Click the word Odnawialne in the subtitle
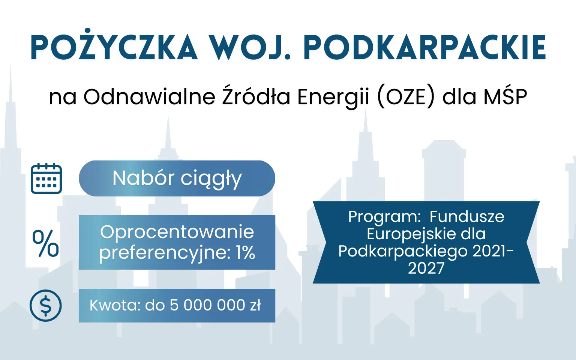(x=149, y=97)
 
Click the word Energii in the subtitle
(x=333, y=97)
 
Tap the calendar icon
(x=46, y=178)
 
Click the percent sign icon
(x=46, y=243)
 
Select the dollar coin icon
(x=46, y=306)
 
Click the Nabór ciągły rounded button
(x=177, y=178)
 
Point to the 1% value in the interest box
(x=246, y=252)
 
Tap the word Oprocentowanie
(x=177, y=232)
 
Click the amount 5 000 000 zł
(x=215, y=305)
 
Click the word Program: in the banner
(x=384, y=217)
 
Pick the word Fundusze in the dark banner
(x=467, y=217)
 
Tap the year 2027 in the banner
(x=426, y=268)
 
